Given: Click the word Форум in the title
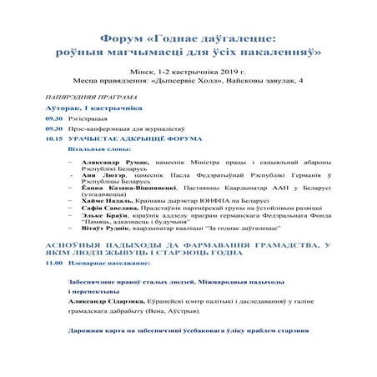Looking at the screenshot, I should tap(122, 40).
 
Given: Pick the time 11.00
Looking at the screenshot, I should tap(54, 263).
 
